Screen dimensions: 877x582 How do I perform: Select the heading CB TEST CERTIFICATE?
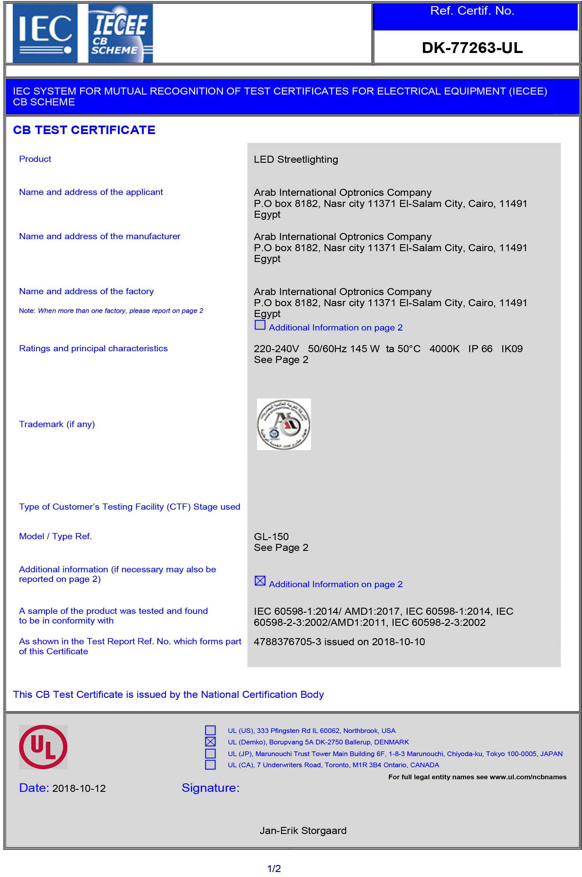click(84, 130)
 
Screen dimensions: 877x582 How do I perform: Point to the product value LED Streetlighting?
click(296, 159)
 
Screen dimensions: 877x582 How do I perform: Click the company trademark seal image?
click(284, 424)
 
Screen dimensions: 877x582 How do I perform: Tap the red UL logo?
click(43, 747)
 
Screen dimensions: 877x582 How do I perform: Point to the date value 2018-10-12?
click(79, 788)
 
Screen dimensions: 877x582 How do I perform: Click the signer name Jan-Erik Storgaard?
click(303, 830)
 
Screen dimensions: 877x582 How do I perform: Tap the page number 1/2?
click(274, 869)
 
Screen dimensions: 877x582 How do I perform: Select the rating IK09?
click(512, 349)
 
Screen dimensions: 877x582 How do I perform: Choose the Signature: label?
click(211, 788)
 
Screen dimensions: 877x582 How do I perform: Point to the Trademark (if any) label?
click(57, 424)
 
